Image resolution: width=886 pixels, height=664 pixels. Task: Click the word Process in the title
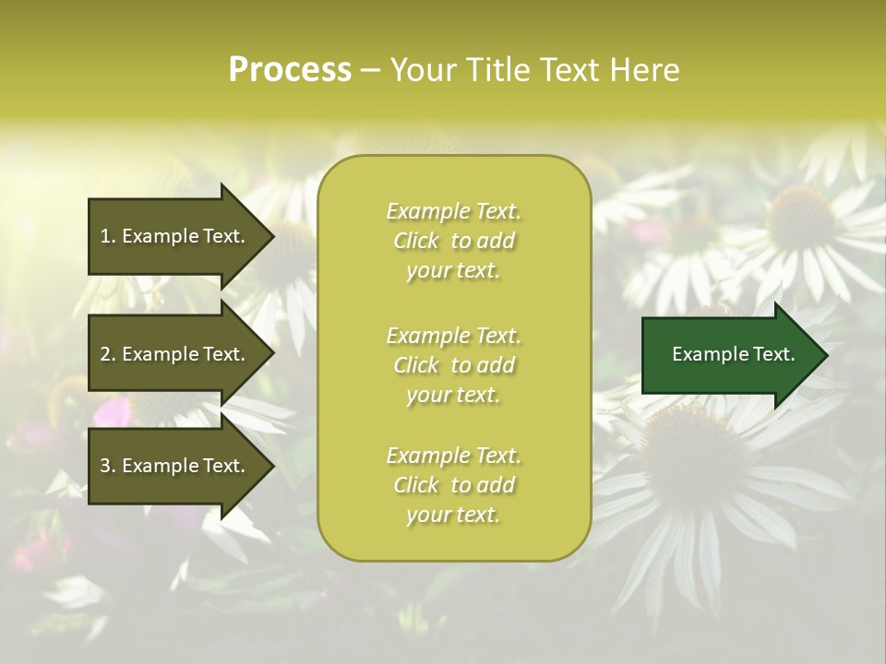[x=290, y=70]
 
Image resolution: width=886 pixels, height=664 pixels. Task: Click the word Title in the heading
[x=495, y=70]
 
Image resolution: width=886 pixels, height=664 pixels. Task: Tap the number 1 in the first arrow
[x=105, y=236]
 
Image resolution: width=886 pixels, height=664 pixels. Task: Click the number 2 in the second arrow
[x=105, y=354]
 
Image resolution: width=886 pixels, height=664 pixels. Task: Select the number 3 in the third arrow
[x=105, y=466]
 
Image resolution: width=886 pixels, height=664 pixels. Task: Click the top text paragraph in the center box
[x=453, y=241]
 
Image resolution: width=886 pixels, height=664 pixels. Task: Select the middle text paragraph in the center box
[x=453, y=365]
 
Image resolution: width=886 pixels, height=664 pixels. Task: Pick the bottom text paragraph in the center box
[x=453, y=485]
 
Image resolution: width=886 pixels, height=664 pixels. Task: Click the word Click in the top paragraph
[x=415, y=241]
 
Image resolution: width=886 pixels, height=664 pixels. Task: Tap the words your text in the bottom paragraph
[x=453, y=516]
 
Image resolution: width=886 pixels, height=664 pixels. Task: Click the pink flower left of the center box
[x=111, y=409]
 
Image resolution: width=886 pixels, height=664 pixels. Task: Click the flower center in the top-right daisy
[x=799, y=217]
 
